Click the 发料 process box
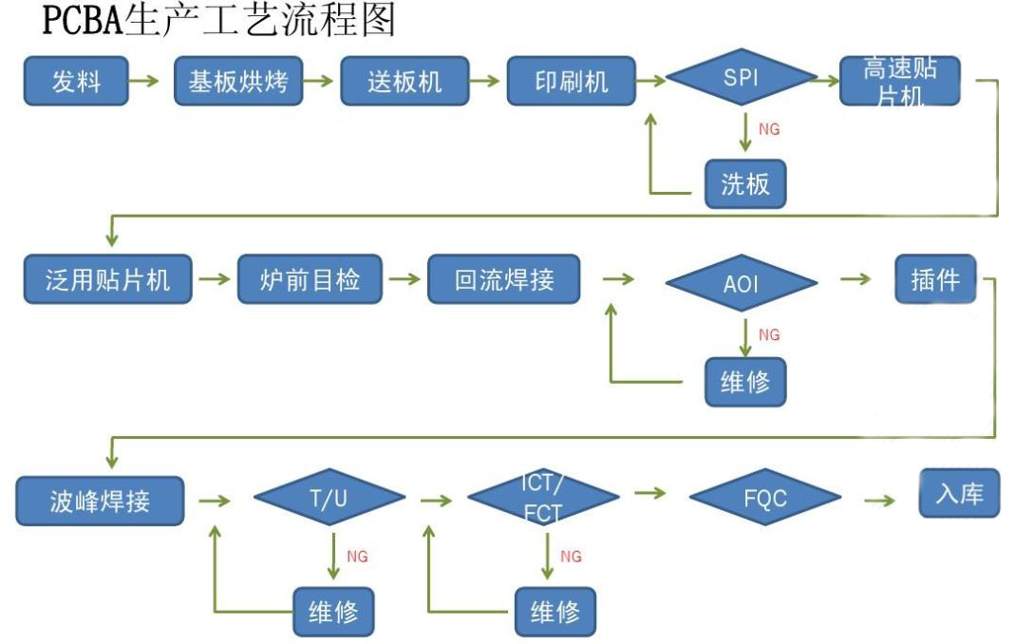tap(76, 82)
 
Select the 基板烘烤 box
tap(238, 82)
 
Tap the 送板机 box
tap(404, 82)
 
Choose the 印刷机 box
tap(571, 82)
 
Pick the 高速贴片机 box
tap(899, 81)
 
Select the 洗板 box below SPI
tap(745, 183)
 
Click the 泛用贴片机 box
tap(107, 280)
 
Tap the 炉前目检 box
tap(310, 280)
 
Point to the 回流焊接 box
tap(503, 280)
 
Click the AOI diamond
tap(741, 282)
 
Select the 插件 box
tap(935, 279)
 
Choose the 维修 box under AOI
tap(745, 383)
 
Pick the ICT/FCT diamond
tap(544, 498)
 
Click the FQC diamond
tap(764, 498)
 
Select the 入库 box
tap(959, 495)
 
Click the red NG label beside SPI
tap(769, 129)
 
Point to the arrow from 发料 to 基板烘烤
tap(144, 82)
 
